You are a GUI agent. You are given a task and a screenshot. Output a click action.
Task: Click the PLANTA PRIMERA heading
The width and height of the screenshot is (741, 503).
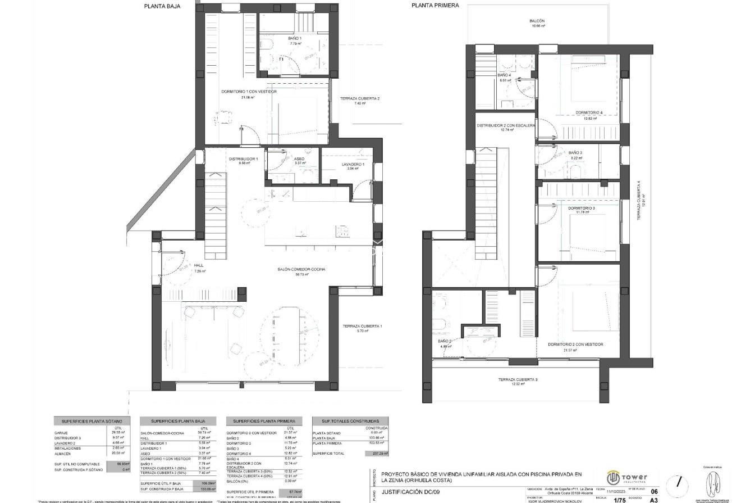[x=435, y=5]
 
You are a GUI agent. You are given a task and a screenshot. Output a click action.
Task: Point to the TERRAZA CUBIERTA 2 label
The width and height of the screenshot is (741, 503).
[x=359, y=99]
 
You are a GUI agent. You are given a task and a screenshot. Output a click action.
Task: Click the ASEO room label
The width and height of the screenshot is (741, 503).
[x=299, y=159]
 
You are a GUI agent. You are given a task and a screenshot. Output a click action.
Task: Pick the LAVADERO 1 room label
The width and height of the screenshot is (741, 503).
[x=353, y=165]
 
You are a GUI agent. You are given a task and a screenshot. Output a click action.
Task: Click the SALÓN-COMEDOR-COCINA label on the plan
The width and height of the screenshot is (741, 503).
[x=301, y=269]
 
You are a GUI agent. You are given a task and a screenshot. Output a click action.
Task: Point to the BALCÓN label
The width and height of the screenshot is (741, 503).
[x=537, y=21]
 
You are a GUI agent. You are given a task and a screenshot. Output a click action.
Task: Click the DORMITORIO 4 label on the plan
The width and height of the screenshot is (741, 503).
[x=588, y=112]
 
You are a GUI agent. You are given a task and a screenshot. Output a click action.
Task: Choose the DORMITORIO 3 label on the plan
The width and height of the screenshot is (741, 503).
[x=581, y=208]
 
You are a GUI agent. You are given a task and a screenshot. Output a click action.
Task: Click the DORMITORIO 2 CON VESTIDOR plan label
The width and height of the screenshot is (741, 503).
[x=575, y=344]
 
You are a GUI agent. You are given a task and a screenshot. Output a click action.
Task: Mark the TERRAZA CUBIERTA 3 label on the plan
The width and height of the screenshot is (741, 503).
[x=518, y=380]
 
